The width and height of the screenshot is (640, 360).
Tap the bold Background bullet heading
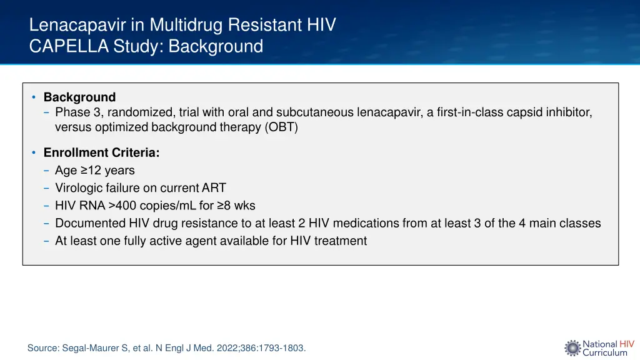click(79, 97)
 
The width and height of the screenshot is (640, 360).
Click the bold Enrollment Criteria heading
click(101, 152)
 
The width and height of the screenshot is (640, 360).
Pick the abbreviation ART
click(214, 187)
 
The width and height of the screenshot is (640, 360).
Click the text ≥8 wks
click(236, 206)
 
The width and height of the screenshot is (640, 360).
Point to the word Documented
click(90, 223)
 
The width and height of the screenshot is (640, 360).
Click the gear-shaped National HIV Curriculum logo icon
click(572, 348)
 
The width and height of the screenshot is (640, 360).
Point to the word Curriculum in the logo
click(604, 353)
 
